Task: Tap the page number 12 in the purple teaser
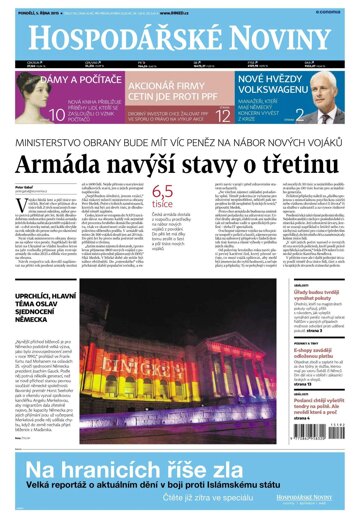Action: [x=225, y=118]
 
